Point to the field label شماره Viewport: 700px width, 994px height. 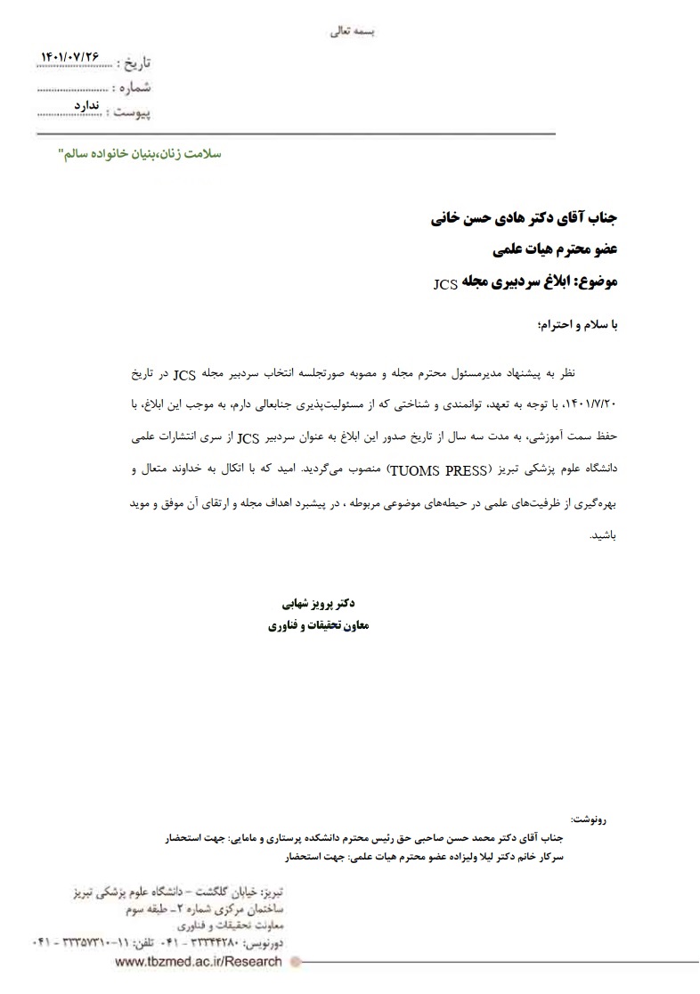coord(134,87)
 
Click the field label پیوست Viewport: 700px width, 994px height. coord(130,112)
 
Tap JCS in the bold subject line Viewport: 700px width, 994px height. coord(445,285)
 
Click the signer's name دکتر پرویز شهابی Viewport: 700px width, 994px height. coord(315,603)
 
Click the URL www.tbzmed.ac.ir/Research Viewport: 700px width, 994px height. coord(199,962)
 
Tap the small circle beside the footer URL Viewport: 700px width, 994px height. coord(297,962)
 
